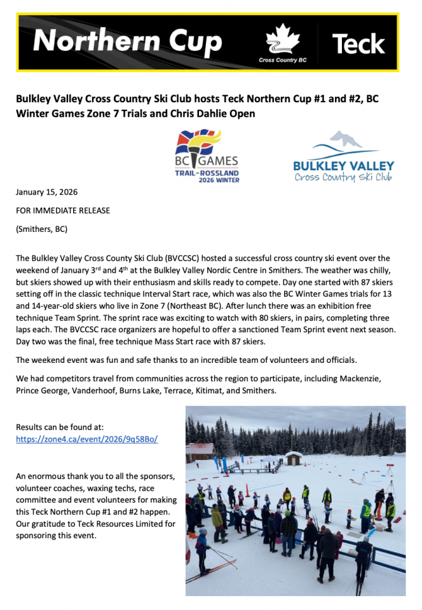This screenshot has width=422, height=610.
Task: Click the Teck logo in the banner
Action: (358, 43)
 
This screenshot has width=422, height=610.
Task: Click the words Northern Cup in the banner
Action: (127, 42)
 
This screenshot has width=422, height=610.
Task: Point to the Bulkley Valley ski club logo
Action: (343, 158)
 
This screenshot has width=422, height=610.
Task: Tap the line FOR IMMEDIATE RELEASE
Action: (63, 210)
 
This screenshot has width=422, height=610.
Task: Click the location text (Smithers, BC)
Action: (41, 229)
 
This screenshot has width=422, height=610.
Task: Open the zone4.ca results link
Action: (86, 439)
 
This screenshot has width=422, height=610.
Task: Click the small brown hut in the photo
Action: (294, 457)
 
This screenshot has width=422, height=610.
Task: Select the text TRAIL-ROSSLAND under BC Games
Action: (207, 173)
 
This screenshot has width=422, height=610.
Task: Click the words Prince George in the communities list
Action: (41, 391)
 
